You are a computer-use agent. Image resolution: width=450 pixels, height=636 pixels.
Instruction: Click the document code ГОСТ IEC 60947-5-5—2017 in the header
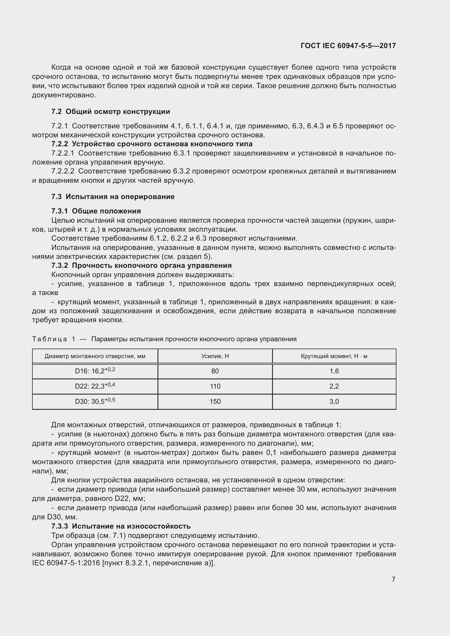pyautogui.click(x=348, y=46)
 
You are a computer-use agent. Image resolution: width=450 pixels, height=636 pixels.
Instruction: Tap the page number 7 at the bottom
pyautogui.click(x=393, y=579)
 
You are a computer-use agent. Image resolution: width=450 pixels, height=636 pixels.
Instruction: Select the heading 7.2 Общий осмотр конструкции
pyautogui.click(x=110, y=112)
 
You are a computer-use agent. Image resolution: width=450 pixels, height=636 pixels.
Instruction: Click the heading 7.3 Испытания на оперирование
pyautogui.click(x=113, y=197)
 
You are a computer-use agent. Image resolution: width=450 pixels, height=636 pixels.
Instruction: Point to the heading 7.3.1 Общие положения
pyautogui.click(x=96, y=211)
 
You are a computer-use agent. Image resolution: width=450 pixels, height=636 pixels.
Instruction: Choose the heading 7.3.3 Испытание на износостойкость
pyautogui.click(x=121, y=526)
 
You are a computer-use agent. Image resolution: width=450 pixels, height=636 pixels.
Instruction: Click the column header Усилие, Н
pyautogui.click(x=215, y=356)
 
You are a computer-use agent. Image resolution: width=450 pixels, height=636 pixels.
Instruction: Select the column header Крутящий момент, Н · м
pyautogui.click(x=334, y=356)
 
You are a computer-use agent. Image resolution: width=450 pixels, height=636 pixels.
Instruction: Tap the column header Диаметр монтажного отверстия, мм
pyautogui.click(x=95, y=356)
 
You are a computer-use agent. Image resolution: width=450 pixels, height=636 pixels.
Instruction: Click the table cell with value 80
pyautogui.click(x=215, y=371)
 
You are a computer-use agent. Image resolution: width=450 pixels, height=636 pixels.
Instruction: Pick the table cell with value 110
pyautogui.click(x=215, y=386)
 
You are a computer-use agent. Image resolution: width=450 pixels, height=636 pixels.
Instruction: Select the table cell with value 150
pyautogui.click(x=215, y=402)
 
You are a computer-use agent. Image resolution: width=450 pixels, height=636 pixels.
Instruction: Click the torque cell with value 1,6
pyautogui.click(x=334, y=371)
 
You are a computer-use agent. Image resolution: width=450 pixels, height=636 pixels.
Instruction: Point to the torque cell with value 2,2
pyautogui.click(x=334, y=386)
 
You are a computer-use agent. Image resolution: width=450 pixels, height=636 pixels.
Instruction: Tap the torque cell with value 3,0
pyautogui.click(x=334, y=402)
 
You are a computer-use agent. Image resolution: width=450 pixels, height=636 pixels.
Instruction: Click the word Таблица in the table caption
pyautogui.click(x=50, y=339)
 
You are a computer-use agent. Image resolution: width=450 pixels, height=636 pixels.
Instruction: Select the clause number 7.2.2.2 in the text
pyautogui.click(x=63, y=171)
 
